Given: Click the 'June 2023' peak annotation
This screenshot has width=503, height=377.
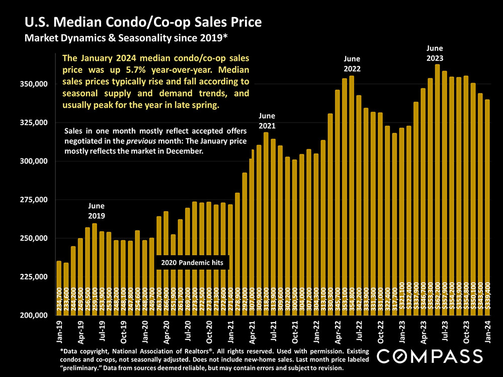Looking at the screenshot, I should pyautogui.click(x=435, y=53).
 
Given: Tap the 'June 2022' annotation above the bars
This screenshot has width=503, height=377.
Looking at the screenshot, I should pyautogui.click(x=353, y=63).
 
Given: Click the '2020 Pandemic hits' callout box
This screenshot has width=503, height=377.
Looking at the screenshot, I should pyautogui.click(x=192, y=262).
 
